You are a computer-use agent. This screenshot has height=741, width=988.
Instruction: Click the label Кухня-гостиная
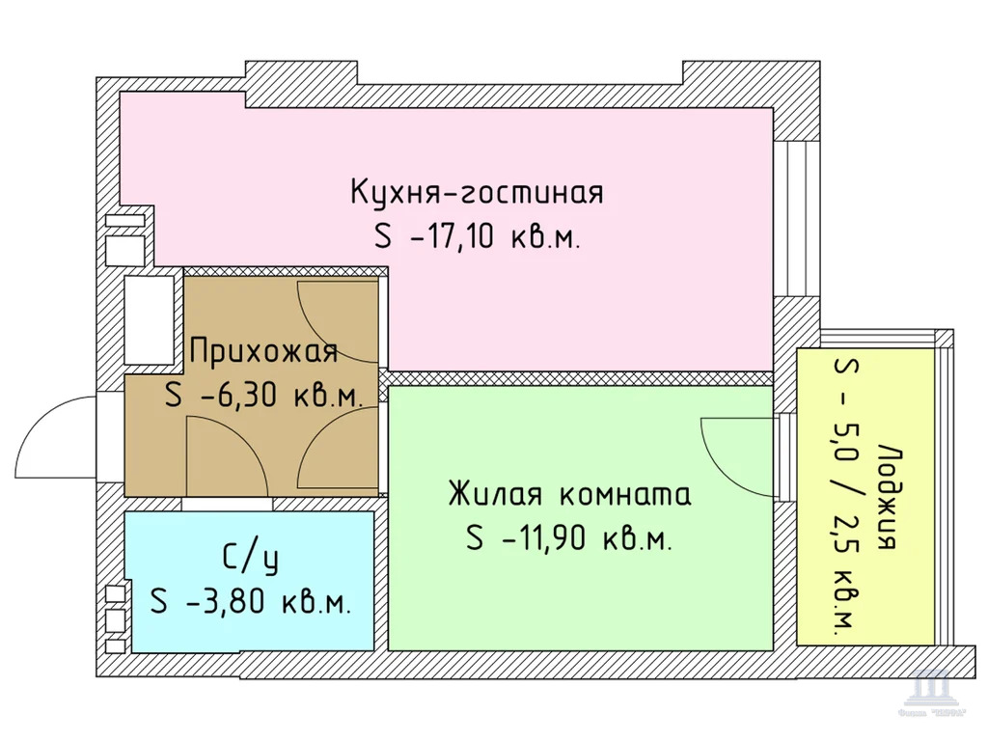[477, 192]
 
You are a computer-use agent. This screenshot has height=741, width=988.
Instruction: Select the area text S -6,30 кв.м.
[262, 397]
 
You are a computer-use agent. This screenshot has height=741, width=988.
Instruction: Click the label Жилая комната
[569, 496]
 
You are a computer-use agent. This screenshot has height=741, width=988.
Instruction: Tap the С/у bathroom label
[244, 558]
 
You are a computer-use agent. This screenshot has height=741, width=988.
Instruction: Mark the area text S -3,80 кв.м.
[250, 603]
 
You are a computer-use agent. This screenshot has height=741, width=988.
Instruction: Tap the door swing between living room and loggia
[735, 453]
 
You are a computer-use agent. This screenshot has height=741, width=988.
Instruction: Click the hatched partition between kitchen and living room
[579, 378]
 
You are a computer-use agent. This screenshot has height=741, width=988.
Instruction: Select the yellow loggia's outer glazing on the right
[946, 492]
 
